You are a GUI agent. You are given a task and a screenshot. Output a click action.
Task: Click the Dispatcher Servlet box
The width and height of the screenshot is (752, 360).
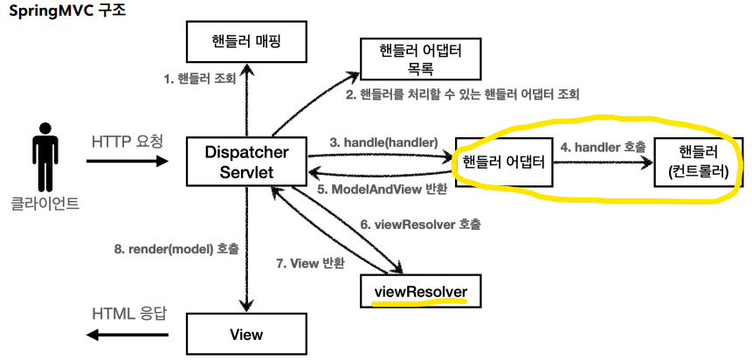click(245, 162)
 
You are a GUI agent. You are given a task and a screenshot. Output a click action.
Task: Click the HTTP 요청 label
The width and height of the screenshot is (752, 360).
click(127, 141)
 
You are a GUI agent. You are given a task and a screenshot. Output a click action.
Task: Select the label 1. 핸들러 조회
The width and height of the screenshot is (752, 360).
click(199, 79)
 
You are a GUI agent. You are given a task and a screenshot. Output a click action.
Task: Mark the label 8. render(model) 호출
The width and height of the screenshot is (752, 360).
click(175, 247)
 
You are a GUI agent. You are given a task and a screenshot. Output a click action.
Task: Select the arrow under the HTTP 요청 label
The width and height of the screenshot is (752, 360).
click(127, 162)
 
